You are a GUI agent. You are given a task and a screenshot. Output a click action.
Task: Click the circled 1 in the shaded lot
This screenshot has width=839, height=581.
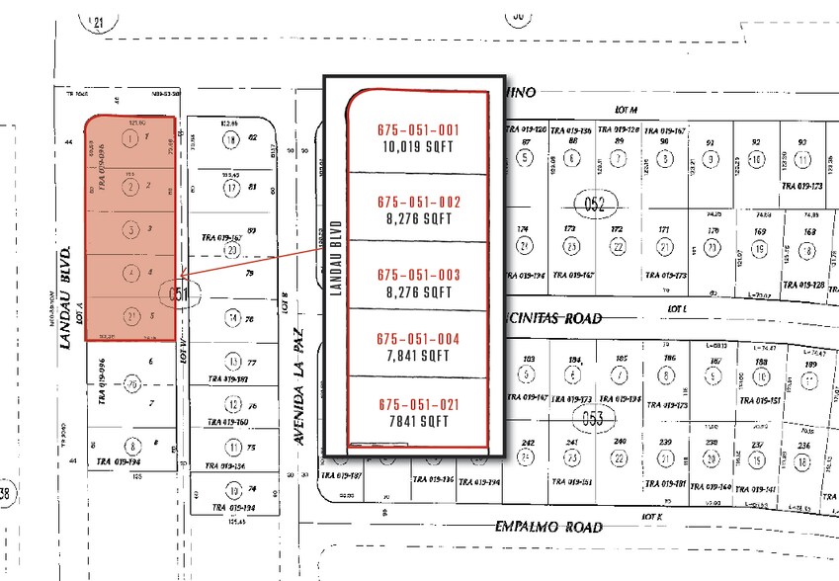coord(130,138)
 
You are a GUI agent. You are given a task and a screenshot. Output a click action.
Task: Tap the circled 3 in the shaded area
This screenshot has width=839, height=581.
coord(130,229)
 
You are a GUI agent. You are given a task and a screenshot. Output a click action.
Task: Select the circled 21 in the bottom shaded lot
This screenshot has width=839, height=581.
coord(130,317)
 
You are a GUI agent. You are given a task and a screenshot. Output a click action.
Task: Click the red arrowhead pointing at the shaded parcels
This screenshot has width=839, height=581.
coord(181,278)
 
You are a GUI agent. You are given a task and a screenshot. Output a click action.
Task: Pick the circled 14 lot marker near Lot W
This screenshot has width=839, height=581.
coord(231,317)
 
